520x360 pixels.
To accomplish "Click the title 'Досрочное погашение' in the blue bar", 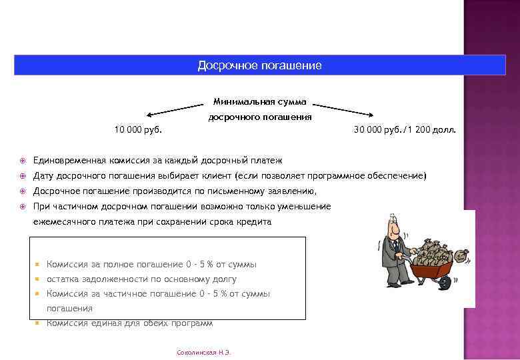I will click(x=259, y=65).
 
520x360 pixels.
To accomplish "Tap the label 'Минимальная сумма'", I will click(x=259, y=102).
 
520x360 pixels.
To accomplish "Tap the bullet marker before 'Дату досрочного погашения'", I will click(x=22, y=176).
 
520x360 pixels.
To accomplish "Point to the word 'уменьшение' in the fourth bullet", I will click(x=307, y=207).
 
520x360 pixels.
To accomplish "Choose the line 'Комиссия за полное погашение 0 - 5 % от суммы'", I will click(x=151, y=265).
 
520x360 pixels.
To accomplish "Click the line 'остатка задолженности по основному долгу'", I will click(x=141, y=279).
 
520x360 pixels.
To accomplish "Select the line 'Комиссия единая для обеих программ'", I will click(x=129, y=323).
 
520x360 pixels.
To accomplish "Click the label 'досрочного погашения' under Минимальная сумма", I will click(x=259, y=117).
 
